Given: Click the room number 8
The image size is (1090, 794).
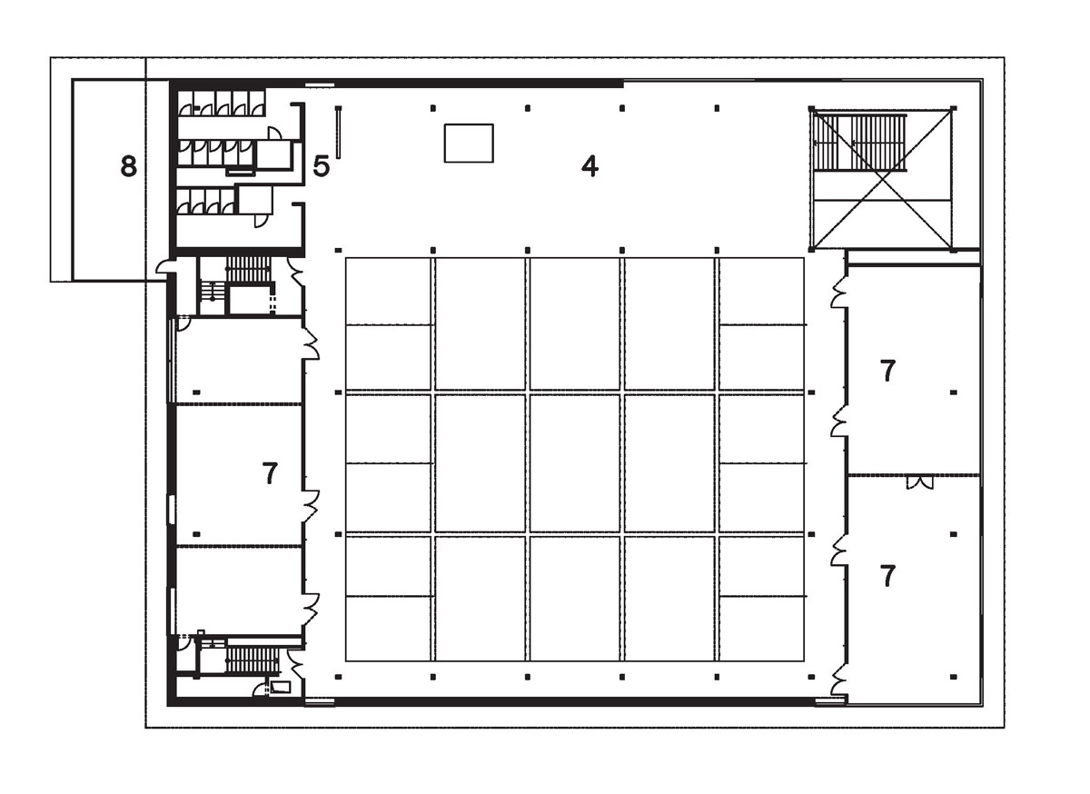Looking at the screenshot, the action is coord(128,166).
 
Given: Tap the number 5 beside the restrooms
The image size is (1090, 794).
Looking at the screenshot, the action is coord(322,166).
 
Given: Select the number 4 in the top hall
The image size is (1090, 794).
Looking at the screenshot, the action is coord(590,166).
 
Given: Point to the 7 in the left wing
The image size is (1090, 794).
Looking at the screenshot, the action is coord(270,472).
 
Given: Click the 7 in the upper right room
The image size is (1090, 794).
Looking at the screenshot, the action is coord(888,371).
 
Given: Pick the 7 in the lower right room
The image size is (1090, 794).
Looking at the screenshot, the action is coord(888,576).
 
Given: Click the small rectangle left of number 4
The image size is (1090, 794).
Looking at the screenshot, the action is coord(469,144).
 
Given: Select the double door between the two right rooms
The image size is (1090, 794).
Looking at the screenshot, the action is coord(919,482).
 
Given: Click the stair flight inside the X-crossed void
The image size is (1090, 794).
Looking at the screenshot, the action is coord(860,143).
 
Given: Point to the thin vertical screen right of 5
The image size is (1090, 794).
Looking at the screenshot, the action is coord(338,132).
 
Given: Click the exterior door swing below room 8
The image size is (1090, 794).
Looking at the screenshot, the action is coord(163,268).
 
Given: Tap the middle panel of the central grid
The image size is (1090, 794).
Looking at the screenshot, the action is coord(575,463).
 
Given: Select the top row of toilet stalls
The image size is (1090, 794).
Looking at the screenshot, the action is coord(222,104).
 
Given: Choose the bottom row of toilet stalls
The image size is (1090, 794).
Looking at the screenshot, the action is coord(207,202).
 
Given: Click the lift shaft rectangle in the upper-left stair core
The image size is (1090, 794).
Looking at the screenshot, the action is coord(249,301).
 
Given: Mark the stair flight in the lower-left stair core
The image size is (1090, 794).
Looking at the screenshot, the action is coord(253,660).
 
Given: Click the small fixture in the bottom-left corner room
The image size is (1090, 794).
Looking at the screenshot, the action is coord(281,688).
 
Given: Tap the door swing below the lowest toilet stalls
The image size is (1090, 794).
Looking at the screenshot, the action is coord(261,221).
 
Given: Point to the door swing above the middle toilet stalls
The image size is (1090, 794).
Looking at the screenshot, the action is coord(275,133).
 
